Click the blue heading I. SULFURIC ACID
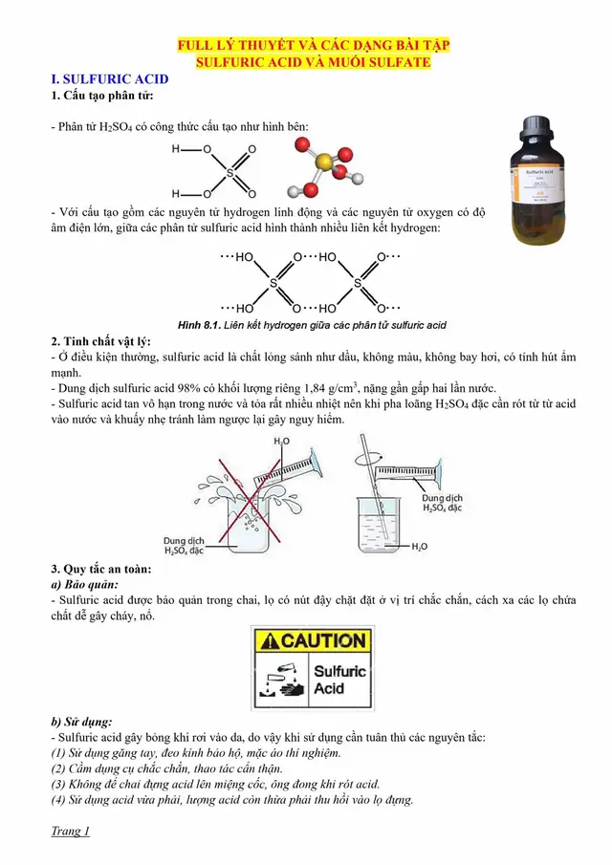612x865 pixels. tap(109, 79)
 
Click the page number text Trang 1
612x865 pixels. tap(71, 831)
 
